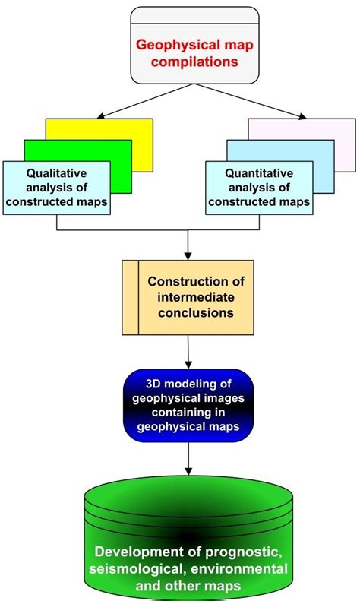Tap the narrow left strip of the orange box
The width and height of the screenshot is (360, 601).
click(x=130, y=296)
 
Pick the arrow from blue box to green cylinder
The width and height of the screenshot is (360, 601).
click(x=187, y=460)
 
